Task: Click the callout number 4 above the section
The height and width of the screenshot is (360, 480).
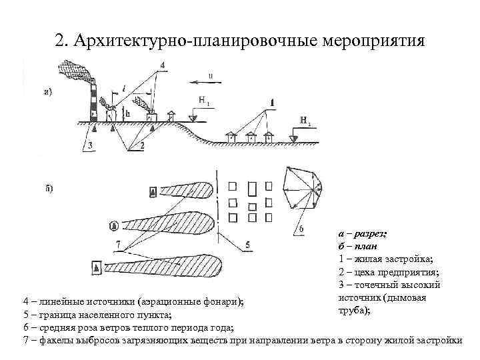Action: coord(163,65)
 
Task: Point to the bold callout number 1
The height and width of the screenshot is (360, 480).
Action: coord(272,101)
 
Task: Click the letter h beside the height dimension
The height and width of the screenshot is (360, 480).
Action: coord(127,114)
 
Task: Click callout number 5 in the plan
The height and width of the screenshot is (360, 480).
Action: coord(248,245)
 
